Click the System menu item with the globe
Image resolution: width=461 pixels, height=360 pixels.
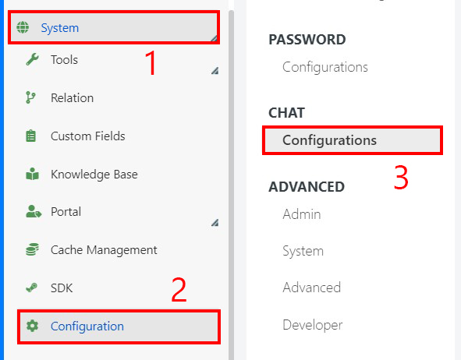60,28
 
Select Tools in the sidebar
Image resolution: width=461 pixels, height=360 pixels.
64,60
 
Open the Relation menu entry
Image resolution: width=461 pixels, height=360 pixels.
72,97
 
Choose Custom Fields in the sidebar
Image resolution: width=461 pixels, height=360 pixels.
87,136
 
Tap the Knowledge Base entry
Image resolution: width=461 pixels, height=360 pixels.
94,175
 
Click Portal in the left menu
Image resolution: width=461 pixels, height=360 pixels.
66,212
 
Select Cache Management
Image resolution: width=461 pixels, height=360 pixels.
104,250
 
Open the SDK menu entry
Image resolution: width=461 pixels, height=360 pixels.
62,288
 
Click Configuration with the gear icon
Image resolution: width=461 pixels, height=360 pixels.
87,326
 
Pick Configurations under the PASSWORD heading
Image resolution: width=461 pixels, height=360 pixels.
324,67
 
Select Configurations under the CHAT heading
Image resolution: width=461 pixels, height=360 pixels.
329,140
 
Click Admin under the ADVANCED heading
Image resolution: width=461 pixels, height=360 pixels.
301,214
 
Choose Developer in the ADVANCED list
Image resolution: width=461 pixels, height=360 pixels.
312,325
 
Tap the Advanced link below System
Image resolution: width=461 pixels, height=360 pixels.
312,288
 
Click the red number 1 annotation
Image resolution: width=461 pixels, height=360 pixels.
151,63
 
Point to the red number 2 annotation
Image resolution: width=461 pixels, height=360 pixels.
179,290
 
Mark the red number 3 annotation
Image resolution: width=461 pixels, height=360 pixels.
401,178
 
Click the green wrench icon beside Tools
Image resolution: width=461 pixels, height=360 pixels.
32,59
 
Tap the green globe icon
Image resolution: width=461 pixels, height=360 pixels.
23,27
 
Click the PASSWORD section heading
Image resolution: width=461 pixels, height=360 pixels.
307,40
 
